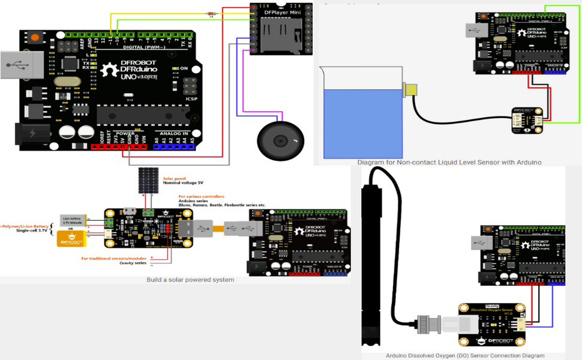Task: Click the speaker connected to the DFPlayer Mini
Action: coord(281,140)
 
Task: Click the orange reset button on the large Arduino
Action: coord(35,38)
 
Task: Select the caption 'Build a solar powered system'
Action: coord(190,280)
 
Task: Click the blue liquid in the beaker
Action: coord(361,122)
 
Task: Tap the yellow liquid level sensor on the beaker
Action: coord(411,89)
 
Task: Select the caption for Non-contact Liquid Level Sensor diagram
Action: coord(449,162)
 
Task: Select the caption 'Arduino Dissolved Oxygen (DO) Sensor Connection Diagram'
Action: coord(465,355)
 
